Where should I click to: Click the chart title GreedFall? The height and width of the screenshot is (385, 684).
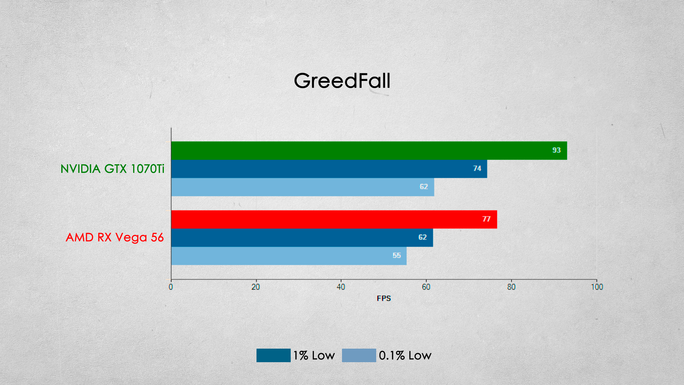coord(342,81)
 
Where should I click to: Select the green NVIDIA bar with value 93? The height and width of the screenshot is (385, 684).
coord(369,150)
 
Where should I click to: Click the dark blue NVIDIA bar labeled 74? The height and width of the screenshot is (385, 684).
coord(329,169)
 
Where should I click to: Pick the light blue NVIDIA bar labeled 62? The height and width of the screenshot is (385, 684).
coord(303,187)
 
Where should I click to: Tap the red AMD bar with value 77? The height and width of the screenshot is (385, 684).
coord(334,219)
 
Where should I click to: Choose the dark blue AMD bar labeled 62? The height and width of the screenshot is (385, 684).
coord(302,237)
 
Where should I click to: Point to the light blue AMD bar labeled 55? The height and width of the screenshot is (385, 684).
coord(289,256)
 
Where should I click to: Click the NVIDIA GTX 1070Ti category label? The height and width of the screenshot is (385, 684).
coord(113,169)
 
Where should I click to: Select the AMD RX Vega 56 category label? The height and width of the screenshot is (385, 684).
coord(115,237)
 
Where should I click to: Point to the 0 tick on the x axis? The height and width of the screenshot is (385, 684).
coord(171,287)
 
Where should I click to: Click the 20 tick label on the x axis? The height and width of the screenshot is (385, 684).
coord(256,287)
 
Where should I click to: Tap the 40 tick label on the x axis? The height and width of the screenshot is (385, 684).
coord(341,287)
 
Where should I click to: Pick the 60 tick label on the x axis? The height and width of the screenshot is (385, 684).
coord(426,287)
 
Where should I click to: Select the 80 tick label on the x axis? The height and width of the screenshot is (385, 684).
coord(511,287)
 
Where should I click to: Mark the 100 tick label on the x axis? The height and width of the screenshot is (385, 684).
coord(597,287)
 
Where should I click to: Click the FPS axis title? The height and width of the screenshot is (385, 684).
coord(384,298)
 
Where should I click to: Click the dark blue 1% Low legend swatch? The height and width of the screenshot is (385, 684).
coord(274,355)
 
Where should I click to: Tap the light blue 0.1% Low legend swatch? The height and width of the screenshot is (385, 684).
coord(359,355)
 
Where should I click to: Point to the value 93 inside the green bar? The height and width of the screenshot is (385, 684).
coord(556,150)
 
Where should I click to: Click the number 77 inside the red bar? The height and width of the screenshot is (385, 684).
coord(487,219)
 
